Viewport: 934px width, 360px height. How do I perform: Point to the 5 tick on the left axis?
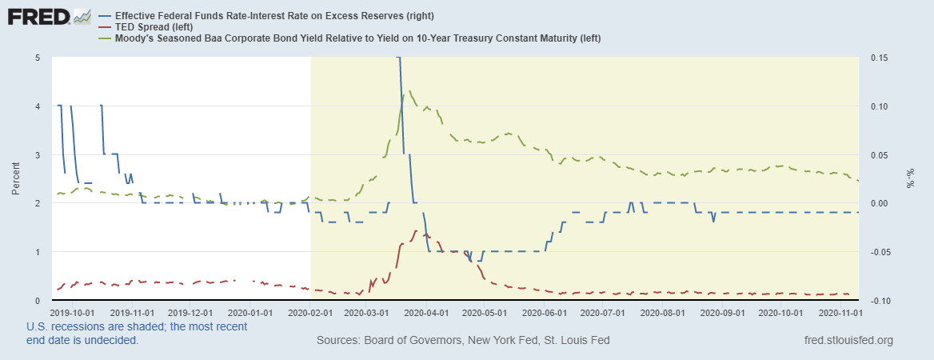[x=38, y=58]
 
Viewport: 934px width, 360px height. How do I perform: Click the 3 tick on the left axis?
[x=38, y=154]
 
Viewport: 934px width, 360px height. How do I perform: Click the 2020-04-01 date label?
[x=426, y=314]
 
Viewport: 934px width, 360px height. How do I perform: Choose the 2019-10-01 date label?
[x=73, y=314]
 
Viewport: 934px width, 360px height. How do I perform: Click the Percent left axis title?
[x=16, y=178]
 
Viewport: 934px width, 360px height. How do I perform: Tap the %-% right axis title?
[x=909, y=178]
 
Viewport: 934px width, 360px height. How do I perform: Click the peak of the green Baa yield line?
[x=410, y=91]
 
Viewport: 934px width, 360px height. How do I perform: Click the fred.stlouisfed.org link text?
[x=850, y=340]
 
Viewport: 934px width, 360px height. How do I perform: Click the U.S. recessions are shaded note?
[x=136, y=326]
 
